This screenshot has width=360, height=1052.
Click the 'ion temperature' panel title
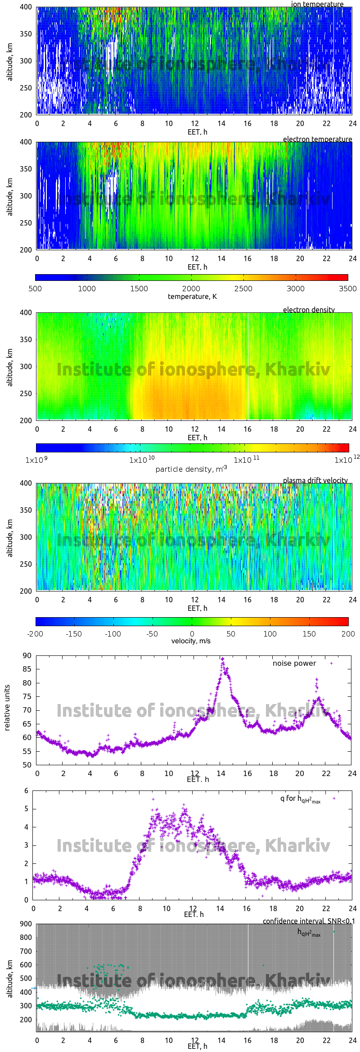point(317,4)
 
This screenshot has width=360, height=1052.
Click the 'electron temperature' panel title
point(317,139)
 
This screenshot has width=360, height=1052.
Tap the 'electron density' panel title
point(309,310)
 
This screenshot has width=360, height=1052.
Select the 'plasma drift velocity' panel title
point(315,480)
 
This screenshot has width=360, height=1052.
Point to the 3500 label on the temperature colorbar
point(347,289)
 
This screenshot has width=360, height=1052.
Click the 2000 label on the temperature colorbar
point(191,289)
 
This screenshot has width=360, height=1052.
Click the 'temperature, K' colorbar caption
point(192,296)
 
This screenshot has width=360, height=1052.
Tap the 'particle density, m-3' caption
point(191,469)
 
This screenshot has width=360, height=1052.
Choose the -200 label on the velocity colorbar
point(35,634)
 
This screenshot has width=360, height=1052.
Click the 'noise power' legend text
point(294,664)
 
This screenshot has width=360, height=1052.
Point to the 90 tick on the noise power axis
point(27,655)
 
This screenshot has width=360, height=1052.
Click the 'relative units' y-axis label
point(7,708)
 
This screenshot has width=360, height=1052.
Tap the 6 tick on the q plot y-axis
point(27,790)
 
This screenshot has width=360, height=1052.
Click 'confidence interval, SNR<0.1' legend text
point(309,921)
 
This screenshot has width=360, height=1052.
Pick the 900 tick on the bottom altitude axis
point(26,924)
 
